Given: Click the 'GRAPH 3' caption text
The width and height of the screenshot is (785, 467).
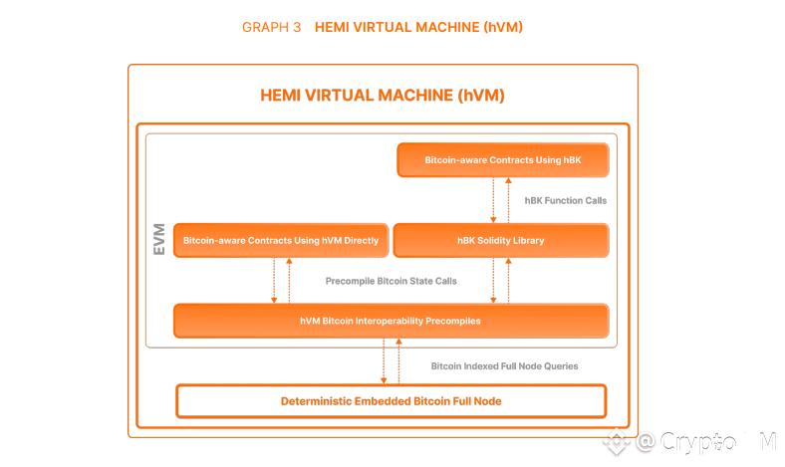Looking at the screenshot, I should click(271, 28).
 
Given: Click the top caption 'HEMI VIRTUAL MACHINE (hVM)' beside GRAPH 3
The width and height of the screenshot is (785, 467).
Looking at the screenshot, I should click(418, 28).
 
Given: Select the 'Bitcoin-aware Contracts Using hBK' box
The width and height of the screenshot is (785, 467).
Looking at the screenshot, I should click(502, 159).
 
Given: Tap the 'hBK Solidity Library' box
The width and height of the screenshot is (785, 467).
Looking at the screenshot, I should click(500, 241).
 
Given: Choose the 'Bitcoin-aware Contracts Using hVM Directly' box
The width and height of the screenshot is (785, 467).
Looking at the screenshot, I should click(281, 241).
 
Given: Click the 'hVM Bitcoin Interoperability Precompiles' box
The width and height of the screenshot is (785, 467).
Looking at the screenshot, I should click(391, 322).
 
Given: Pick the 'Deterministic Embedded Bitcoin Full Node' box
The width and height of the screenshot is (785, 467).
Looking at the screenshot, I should click(391, 400).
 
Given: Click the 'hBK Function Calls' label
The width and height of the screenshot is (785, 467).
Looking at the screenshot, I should click(565, 200).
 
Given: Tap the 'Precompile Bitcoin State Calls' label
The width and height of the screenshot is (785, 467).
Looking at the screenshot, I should click(391, 281).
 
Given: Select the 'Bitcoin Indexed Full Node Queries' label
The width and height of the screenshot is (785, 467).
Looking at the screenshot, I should click(504, 365).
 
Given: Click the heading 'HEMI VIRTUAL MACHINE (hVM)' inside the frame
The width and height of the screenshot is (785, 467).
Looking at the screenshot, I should click(383, 97).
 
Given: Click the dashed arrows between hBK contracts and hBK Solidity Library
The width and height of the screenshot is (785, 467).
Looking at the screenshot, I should click(500, 200).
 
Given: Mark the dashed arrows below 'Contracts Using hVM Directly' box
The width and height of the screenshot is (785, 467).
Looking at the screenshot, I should click(282, 281).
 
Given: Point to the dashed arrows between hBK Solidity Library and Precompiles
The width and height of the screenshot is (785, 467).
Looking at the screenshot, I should click(500, 281).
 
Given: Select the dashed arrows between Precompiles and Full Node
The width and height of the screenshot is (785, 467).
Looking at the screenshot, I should click(391, 360).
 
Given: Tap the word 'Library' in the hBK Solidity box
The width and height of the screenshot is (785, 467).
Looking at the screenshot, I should click(528, 241).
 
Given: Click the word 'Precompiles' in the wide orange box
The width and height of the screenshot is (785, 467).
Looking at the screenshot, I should click(454, 322).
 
